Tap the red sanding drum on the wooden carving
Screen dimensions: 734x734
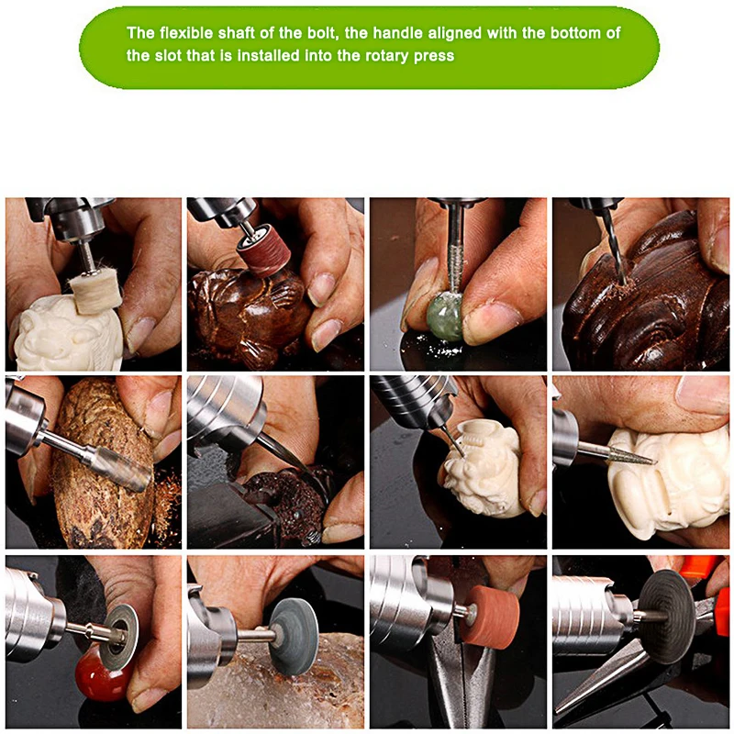coord(261,256)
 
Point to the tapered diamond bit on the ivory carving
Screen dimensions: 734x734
coord(632,453)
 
